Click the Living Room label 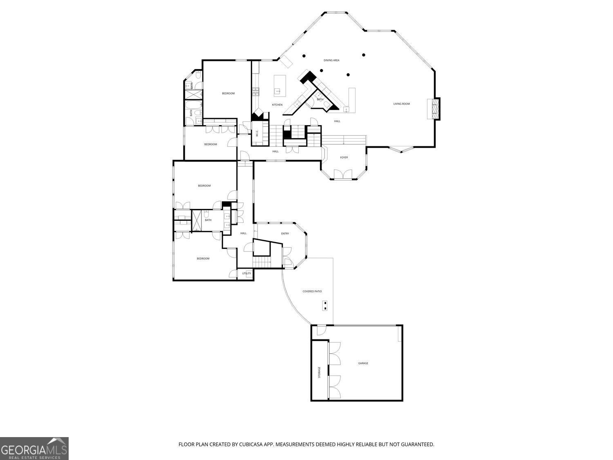point(401,104)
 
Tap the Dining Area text point(331,61)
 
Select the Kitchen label point(277,105)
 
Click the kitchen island point(279,85)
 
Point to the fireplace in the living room point(434,108)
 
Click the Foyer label point(344,157)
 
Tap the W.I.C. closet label point(257,133)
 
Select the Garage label point(363,363)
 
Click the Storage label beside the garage point(320,372)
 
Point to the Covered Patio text point(312,292)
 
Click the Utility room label point(246,274)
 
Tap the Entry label point(285,233)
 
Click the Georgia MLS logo point(34,449)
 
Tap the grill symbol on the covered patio point(325,305)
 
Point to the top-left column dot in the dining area point(304,56)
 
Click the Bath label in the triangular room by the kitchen point(320,99)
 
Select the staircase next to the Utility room point(262,261)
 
